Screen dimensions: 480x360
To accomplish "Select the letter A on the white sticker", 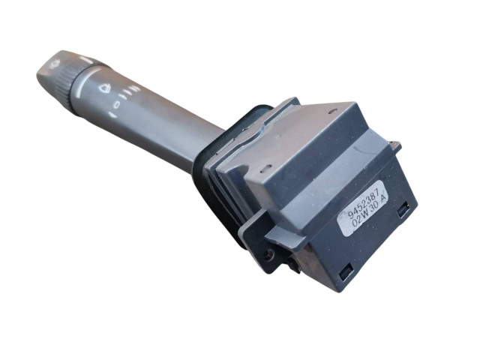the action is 383,197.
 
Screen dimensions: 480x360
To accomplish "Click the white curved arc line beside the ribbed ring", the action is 85,80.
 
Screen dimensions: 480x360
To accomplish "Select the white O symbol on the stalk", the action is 117,105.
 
